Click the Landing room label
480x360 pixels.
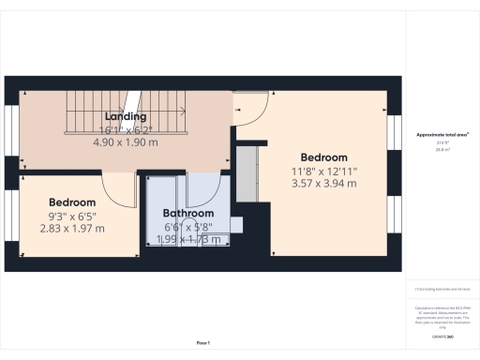tap(125, 117)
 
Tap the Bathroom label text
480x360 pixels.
tap(188, 214)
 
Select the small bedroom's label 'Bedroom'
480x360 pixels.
tap(72, 202)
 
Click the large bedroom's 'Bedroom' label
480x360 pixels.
tap(323, 157)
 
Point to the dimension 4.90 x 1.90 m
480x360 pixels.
tap(125, 142)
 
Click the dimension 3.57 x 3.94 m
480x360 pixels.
tap(323, 184)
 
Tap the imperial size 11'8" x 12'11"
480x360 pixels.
tap(323, 171)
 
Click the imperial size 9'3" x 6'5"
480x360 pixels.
tap(72, 216)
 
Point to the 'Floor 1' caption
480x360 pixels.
tap(202, 344)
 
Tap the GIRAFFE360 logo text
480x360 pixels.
tap(442, 336)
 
